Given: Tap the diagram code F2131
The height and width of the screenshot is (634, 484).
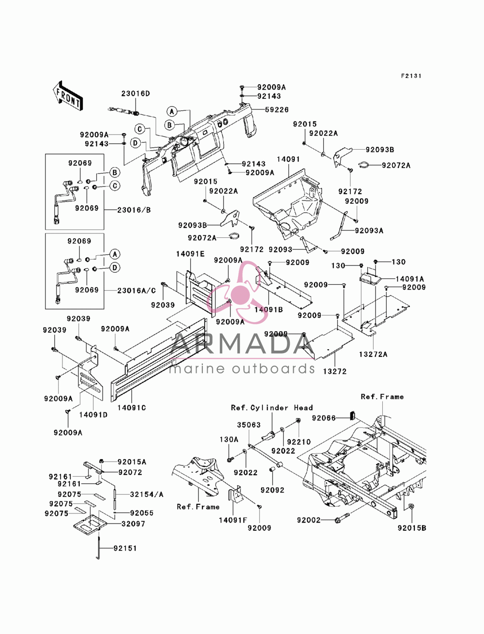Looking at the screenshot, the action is pyautogui.click(x=411, y=76).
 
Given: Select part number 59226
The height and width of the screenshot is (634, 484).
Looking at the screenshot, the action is pyautogui.click(x=277, y=110).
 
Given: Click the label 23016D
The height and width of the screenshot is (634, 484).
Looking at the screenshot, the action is pyautogui.click(x=136, y=93).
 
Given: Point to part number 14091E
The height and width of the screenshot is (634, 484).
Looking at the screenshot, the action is pyautogui.click(x=190, y=254).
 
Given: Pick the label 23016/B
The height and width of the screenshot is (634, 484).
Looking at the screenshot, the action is pyautogui.click(x=134, y=210).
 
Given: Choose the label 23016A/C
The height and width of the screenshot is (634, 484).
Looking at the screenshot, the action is pyautogui.click(x=136, y=291).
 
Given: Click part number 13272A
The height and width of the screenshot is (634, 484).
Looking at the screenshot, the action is pyautogui.click(x=373, y=354).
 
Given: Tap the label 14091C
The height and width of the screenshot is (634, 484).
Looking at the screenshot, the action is pyautogui.click(x=132, y=407).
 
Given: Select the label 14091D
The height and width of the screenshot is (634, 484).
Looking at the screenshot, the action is pyautogui.click(x=93, y=415).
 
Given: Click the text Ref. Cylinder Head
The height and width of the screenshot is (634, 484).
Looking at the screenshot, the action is pyautogui.click(x=272, y=407).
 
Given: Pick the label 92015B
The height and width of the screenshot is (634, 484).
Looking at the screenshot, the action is pyautogui.click(x=412, y=528).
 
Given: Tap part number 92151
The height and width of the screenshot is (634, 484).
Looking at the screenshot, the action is pyautogui.click(x=125, y=548).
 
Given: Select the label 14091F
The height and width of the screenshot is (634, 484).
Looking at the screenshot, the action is pyautogui.click(x=233, y=520).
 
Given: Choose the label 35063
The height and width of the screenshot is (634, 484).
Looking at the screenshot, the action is pyautogui.click(x=249, y=425).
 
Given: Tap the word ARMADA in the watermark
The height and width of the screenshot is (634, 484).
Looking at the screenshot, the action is pyautogui.click(x=242, y=344).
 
